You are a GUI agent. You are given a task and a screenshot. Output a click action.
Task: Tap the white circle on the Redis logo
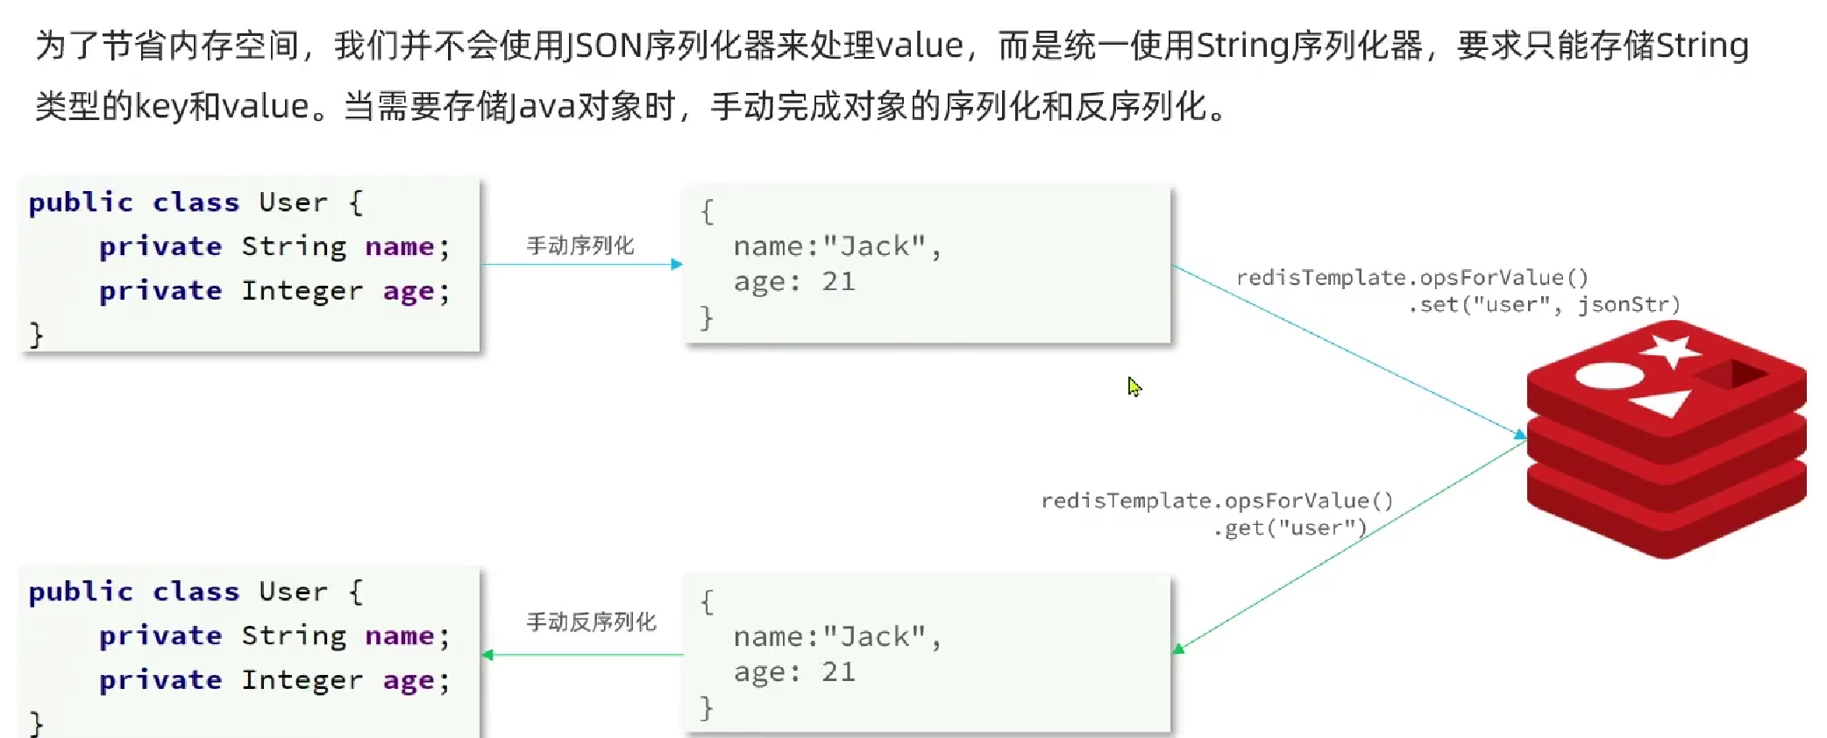pyautogui.click(x=1610, y=376)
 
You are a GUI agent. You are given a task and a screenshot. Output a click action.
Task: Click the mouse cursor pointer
pyautogui.click(x=1134, y=387)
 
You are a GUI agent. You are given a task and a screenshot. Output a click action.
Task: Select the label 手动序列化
pyautogui.click(x=579, y=245)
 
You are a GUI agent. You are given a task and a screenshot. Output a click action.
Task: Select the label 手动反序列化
pyautogui.click(x=591, y=622)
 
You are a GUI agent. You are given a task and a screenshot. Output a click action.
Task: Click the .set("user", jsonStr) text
pyautogui.click(x=1544, y=305)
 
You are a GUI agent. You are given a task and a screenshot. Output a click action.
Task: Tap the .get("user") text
pyautogui.click(x=1290, y=528)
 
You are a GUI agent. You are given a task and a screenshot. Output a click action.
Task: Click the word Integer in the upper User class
pyautogui.click(x=302, y=291)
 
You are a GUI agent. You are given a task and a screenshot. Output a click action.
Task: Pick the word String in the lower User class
pyautogui.click(x=294, y=636)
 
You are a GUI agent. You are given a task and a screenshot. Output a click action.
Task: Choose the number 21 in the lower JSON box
pyautogui.click(x=838, y=672)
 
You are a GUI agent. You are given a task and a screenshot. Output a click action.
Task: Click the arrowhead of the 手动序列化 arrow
pyautogui.click(x=677, y=264)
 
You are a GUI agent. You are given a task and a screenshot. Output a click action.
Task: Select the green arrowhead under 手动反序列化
pyautogui.click(x=487, y=655)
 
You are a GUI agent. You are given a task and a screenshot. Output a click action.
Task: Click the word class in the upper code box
pyautogui.click(x=195, y=202)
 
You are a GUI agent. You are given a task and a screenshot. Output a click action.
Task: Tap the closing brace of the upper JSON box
pyautogui.click(x=707, y=317)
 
